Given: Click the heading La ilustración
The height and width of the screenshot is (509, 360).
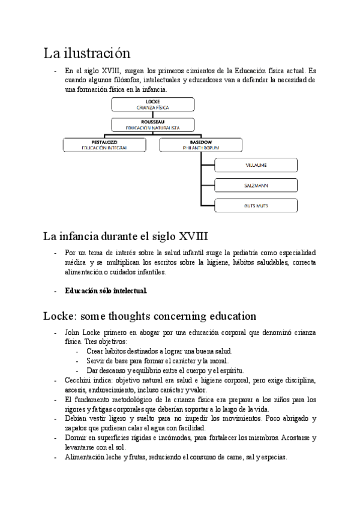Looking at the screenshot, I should pyautogui.click(x=86, y=52).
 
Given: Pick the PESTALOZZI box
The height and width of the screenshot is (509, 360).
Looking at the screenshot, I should pyautogui.click(x=105, y=144).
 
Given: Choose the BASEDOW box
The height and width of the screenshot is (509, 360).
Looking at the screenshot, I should pyautogui.click(x=201, y=144).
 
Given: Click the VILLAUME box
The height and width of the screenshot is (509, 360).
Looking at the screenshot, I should pyautogui.click(x=257, y=164).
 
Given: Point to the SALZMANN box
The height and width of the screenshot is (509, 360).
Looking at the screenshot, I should pyautogui.click(x=257, y=185).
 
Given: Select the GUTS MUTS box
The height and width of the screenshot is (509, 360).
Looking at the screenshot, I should pyautogui.click(x=257, y=206).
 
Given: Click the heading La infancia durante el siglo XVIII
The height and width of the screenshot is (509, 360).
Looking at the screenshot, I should pyautogui.click(x=125, y=236).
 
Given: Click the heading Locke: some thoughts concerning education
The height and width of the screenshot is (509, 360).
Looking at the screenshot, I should pyautogui.click(x=150, y=316).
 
